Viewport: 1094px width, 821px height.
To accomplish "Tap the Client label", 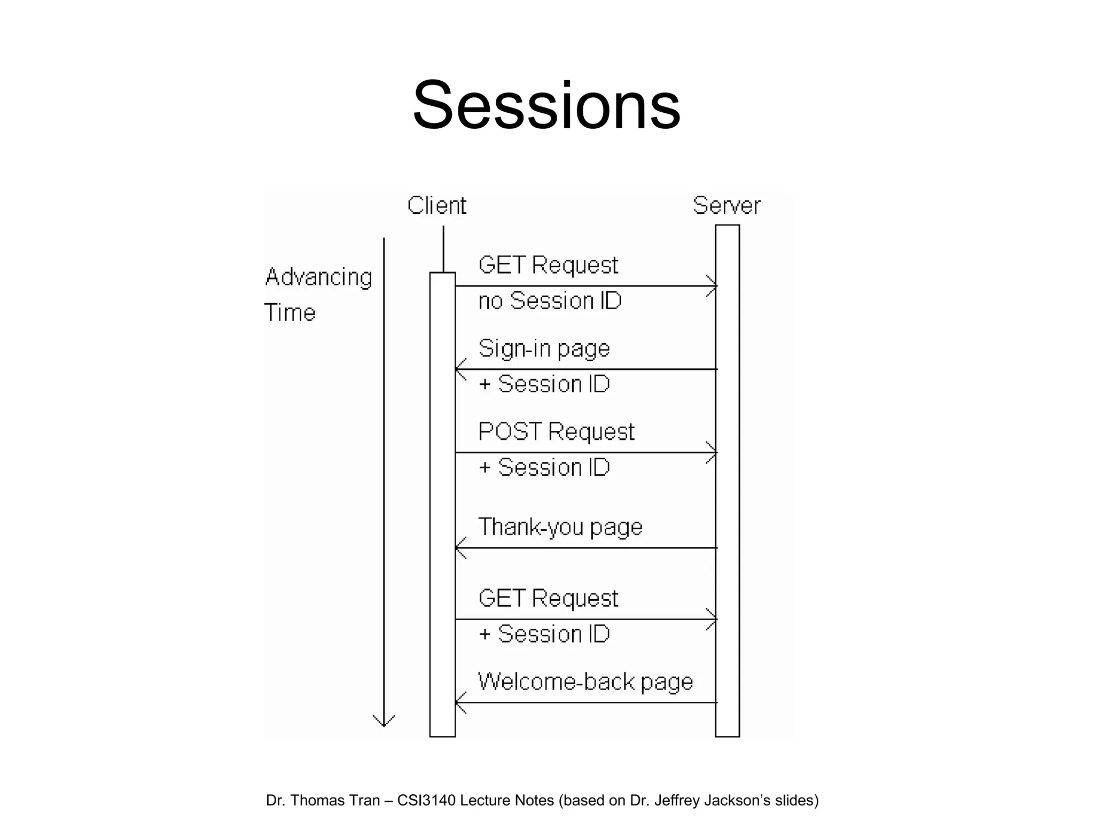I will click(x=436, y=206).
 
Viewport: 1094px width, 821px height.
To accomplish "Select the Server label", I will click(x=726, y=206).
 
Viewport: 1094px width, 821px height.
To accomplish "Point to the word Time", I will click(x=290, y=313).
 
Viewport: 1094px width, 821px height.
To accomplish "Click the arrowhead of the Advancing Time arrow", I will click(x=384, y=722).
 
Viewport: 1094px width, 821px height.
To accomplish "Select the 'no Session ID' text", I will click(x=550, y=301).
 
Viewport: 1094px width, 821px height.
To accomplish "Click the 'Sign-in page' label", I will click(x=544, y=349).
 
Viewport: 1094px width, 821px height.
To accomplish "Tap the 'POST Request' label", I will click(x=556, y=432).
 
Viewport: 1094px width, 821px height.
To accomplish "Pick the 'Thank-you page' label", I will click(x=560, y=527).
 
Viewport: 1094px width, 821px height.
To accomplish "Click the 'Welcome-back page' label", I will click(x=585, y=682).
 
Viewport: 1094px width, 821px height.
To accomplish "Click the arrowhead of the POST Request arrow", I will click(x=713, y=453).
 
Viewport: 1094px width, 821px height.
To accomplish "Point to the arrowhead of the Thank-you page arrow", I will click(x=459, y=548).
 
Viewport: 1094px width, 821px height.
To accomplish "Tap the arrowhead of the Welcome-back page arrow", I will click(x=459, y=702).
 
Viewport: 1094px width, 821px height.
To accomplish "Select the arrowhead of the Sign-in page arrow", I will click(x=459, y=369).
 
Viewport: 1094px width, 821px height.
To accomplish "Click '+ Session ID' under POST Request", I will click(x=544, y=468).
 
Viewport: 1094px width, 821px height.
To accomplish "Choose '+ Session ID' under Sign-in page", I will click(x=544, y=384).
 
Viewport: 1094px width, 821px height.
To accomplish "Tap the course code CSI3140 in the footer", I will click(x=426, y=800).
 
